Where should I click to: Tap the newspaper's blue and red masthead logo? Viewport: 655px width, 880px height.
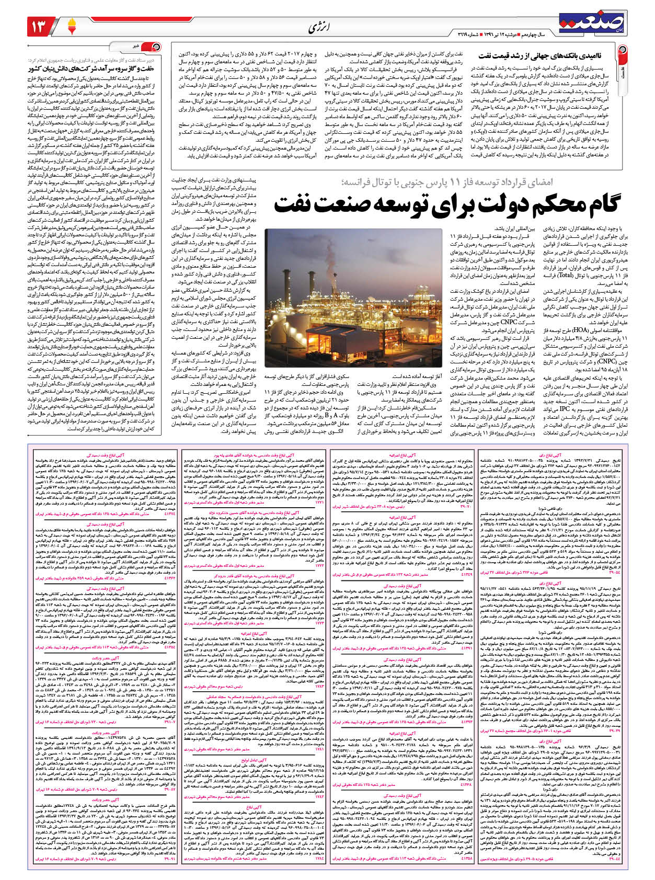(591, 21)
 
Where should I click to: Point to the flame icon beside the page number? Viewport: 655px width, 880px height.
(72, 25)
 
